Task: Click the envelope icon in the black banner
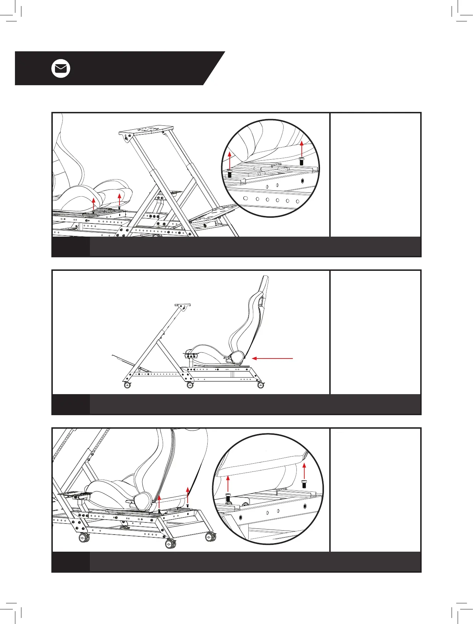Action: click(x=61, y=69)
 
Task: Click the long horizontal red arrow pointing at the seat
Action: click(x=273, y=359)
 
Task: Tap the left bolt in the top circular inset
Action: click(x=229, y=174)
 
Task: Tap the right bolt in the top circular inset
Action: click(x=301, y=161)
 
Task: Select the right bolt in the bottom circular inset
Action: click(x=304, y=484)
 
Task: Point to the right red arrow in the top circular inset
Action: click(x=301, y=148)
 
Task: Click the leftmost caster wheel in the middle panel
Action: click(x=127, y=385)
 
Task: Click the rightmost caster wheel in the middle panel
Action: click(x=261, y=385)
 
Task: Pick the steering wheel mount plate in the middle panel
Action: click(x=182, y=305)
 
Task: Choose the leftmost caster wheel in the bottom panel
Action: click(x=84, y=537)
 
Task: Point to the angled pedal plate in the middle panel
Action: click(x=123, y=360)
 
